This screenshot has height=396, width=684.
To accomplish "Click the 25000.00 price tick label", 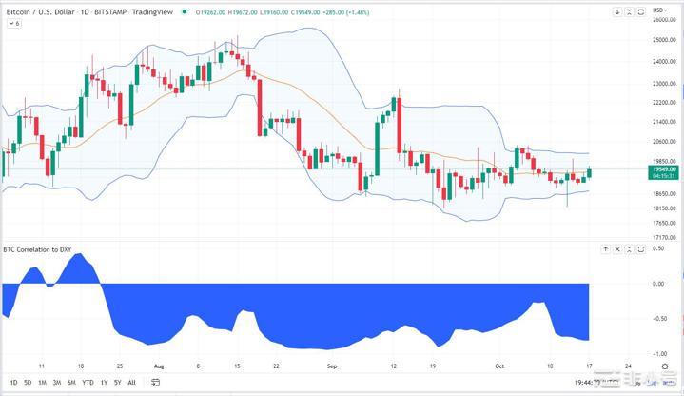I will click(663, 40).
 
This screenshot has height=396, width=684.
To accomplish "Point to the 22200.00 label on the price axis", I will click(663, 103).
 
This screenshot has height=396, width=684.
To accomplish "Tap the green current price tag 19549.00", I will click(663, 169).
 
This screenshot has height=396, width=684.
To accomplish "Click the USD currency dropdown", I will click(659, 11).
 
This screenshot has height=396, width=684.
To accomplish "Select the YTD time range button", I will click(88, 383).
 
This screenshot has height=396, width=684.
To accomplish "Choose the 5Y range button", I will click(117, 383).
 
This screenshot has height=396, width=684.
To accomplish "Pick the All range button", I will click(131, 383).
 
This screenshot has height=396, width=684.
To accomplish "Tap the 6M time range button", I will click(71, 383).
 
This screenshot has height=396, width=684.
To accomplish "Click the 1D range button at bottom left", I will click(13, 383).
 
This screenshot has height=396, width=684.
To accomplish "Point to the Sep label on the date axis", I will click(331, 365).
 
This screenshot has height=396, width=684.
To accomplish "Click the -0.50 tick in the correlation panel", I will click(658, 318).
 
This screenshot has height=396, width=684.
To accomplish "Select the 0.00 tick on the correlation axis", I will click(658, 284).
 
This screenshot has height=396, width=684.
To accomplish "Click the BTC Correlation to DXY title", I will click(37, 249).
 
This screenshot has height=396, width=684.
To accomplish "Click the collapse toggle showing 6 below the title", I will click(13, 23).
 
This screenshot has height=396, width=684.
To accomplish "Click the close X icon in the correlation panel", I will click(617, 249).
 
